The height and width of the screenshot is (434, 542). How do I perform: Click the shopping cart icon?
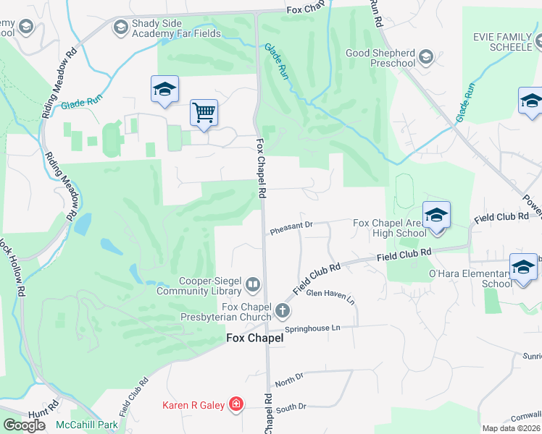[x=204, y=113]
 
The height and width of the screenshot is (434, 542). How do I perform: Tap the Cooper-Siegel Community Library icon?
[x=253, y=285]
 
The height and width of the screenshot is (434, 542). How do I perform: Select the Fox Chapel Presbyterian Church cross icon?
[x=283, y=312]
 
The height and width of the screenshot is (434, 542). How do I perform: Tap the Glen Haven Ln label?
[x=330, y=295]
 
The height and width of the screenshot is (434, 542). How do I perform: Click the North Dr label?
[x=288, y=379]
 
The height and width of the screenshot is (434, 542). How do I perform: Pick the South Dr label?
[x=291, y=408]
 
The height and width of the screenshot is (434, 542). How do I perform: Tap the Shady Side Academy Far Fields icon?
[x=120, y=28]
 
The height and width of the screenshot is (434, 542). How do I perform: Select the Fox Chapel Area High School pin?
[x=436, y=215]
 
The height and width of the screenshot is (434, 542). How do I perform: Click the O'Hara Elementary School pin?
[x=523, y=267]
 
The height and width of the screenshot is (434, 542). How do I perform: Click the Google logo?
[x=24, y=425]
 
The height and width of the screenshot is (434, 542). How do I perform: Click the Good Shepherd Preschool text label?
[x=380, y=57]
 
